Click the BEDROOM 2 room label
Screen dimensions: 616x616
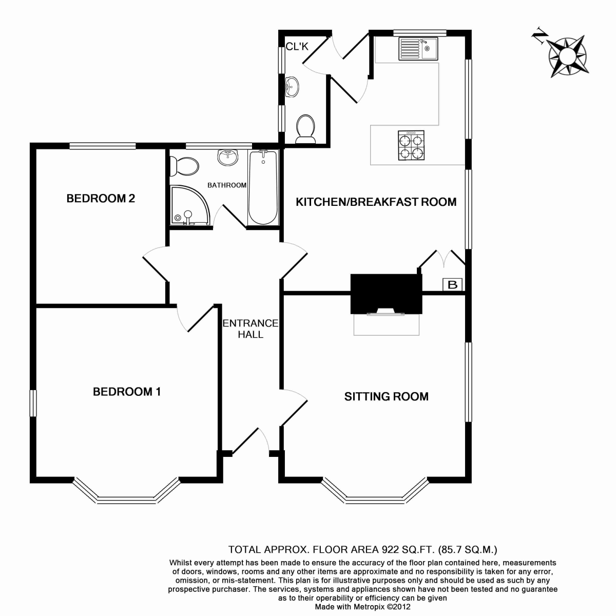point(101,199)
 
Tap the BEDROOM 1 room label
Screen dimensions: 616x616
point(127,392)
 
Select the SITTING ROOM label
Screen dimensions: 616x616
point(386,396)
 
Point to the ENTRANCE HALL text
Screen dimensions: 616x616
point(251,329)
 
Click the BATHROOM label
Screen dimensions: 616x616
point(227,185)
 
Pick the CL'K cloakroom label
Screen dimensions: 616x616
point(297,47)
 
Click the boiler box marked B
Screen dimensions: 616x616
point(452,284)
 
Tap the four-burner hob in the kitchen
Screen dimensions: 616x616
point(411,145)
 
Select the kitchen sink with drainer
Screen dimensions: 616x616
point(418,49)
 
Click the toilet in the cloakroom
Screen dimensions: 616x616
point(305,129)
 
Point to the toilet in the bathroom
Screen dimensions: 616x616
point(184,166)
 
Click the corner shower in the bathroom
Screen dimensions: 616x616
point(190,205)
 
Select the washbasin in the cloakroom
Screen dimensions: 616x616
point(292,86)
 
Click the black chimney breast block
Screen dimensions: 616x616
point(386,294)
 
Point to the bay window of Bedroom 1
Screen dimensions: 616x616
point(127,492)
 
